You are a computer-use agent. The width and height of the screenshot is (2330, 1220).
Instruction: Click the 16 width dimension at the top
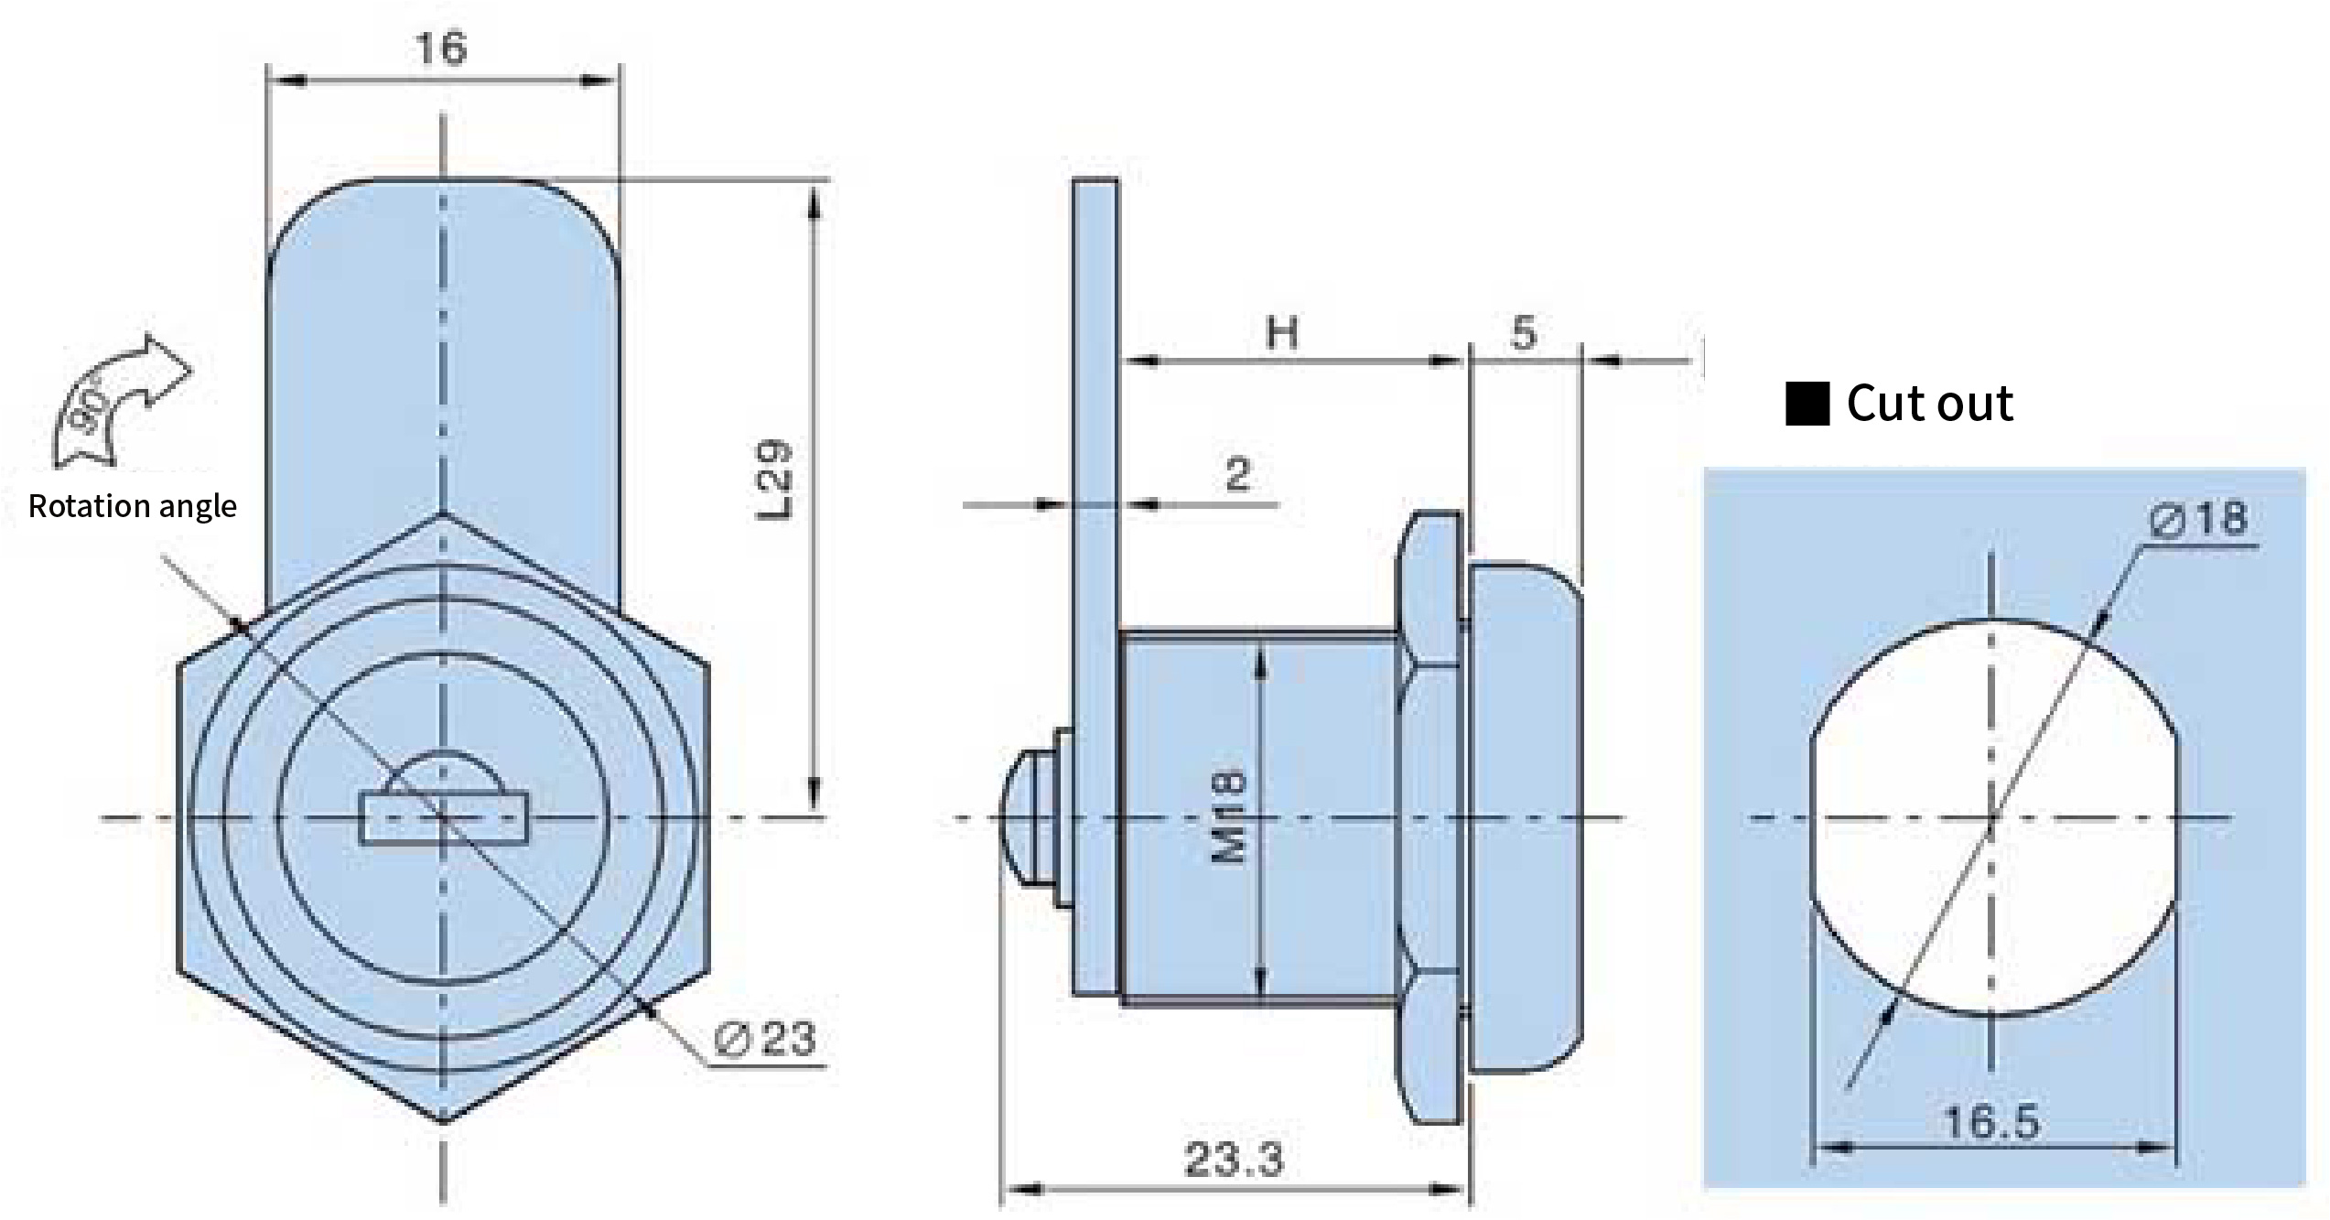(441, 48)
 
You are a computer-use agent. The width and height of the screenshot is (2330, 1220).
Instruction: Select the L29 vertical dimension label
(774, 480)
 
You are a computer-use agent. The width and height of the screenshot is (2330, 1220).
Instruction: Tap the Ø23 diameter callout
(765, 1039)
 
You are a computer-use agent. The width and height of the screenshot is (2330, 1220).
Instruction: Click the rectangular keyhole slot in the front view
(444, 818)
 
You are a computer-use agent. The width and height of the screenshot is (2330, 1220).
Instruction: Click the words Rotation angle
(133, 506)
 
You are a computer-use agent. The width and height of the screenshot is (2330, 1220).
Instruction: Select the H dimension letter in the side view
(1281, 333)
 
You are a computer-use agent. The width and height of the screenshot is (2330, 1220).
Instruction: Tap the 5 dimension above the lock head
(1523, 332)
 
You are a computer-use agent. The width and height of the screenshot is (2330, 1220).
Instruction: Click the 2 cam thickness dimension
(1237, 474)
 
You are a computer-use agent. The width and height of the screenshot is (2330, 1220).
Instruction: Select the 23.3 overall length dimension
(1234, 1160)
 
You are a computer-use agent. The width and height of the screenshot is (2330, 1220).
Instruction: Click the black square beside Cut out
(1807, 404)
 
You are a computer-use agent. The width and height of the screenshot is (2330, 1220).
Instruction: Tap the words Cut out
(1930, 404)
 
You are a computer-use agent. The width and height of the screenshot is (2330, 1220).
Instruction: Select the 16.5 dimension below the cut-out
(1991, 1122)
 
